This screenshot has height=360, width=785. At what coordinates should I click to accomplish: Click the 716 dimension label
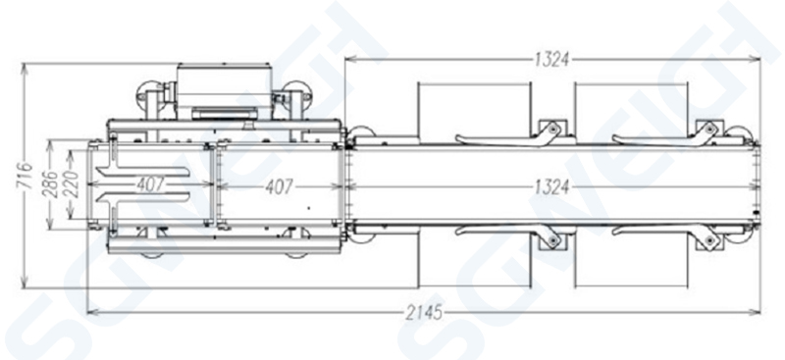[x=24, y=176]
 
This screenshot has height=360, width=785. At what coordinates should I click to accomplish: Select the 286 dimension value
[x=50, y=184]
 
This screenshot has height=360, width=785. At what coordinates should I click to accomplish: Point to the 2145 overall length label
[x=424, y=313]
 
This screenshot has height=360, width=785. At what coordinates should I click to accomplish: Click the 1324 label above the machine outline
[x=551, y=60]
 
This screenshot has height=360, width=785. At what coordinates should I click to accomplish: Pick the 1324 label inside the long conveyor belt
[x=551, y=187]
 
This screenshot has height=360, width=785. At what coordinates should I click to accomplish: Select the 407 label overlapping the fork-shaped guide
[x=151, y=184]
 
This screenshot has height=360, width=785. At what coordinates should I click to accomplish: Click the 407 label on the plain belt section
[x=280, y=187]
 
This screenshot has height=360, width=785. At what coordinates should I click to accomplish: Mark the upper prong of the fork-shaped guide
[x=143, y=172]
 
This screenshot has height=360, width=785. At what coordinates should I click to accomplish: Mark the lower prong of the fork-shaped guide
[x=143, y=197]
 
